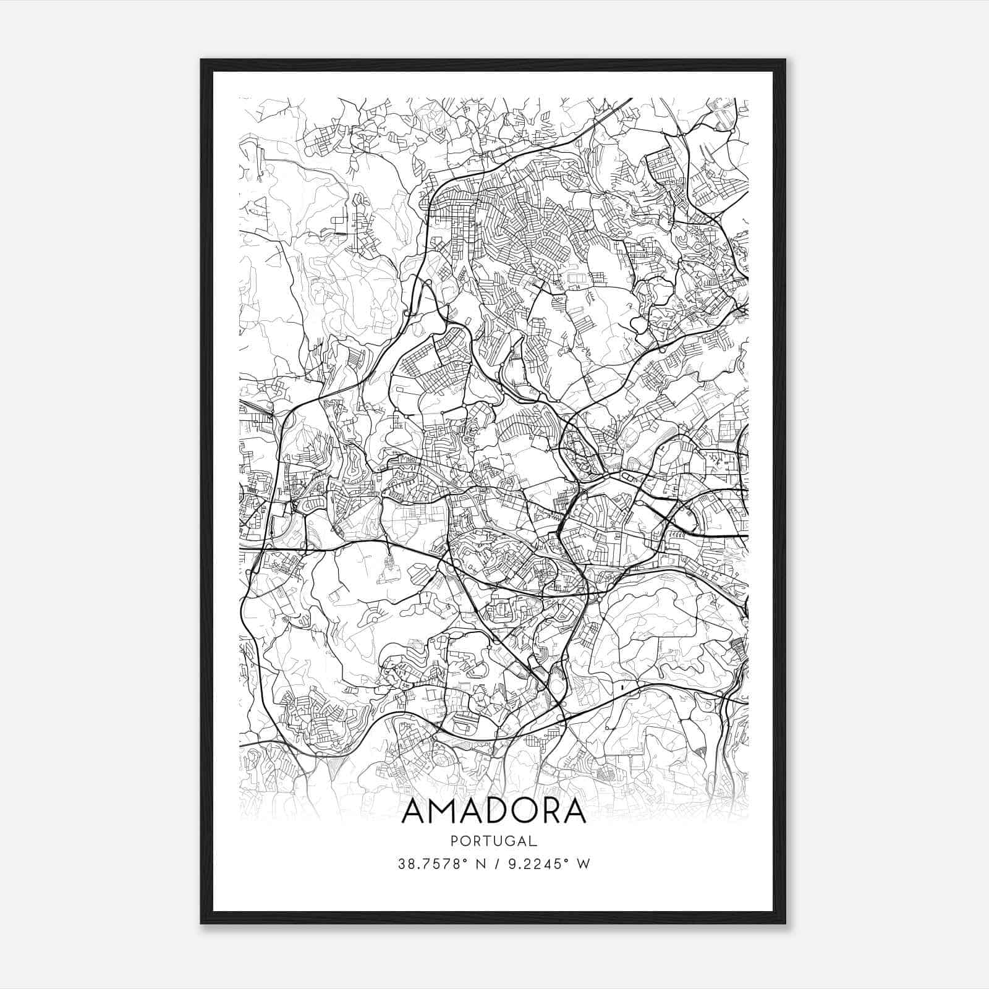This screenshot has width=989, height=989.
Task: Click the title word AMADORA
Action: pyautogui.click(x=494, y=812)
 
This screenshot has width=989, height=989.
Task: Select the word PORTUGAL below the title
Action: pyautogui.click(x=494, y=841)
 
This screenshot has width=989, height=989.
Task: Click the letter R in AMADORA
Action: pyautogui.click(x=549, y=812)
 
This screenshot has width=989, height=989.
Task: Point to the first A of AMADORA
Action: pyautogui.click(x=414, y=812)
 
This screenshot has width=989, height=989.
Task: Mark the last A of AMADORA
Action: pyautogui.click(x=574, y=812)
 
